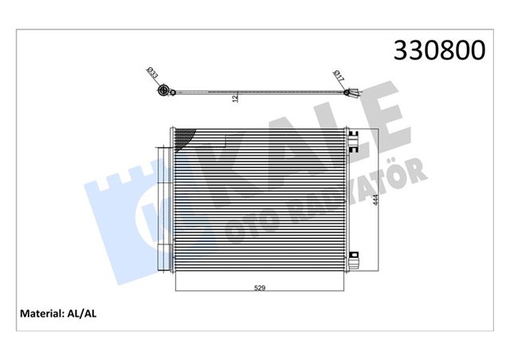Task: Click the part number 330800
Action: (x=439, y=50)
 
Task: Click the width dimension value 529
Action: (x=260, y=288)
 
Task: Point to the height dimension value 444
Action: (x=375, y=200)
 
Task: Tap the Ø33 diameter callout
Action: (x=152, y=72)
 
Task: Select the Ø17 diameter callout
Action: (x=339, y=76)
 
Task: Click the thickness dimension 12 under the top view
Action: (x=236, y=99)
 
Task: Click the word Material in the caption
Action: (x=41, y=314)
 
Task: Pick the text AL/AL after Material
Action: (x=81, y=314)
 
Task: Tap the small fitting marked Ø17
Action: (x=347, y=92)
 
